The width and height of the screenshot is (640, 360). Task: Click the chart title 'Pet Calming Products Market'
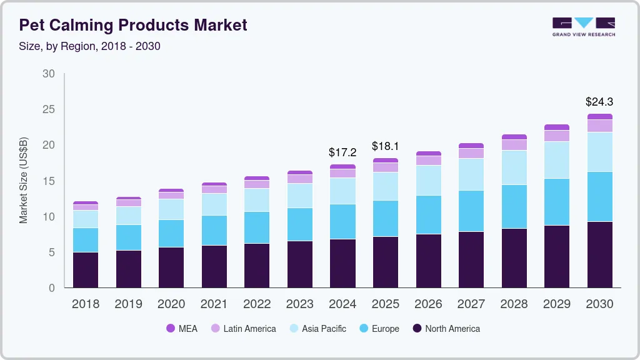coord(133,25)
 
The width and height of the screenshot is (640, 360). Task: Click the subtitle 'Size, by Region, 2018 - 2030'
coord(90,46)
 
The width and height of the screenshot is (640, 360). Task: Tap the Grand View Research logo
coord(583,26)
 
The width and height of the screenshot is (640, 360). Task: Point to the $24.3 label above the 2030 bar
coord(599,101)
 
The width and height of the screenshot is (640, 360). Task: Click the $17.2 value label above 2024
coord(342,152)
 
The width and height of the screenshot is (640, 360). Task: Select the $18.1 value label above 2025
coord(386,146)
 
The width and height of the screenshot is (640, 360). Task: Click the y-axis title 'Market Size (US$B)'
coord(24,180)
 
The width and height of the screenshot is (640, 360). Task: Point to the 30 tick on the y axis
coord(49,74)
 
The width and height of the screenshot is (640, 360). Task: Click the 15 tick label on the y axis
coord(49,181)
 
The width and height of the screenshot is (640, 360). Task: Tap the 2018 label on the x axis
coord(86,304)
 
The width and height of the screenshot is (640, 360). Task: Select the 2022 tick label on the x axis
coord(257,304)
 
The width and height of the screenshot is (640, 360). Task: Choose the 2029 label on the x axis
coord(557,304)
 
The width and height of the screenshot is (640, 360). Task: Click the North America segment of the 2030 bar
coord(600,254)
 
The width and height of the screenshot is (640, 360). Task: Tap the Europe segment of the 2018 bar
coord(86,240)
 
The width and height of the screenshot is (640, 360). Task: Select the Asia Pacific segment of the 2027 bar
coord(471,174)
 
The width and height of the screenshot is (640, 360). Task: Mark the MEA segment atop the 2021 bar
coord(214,184)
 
